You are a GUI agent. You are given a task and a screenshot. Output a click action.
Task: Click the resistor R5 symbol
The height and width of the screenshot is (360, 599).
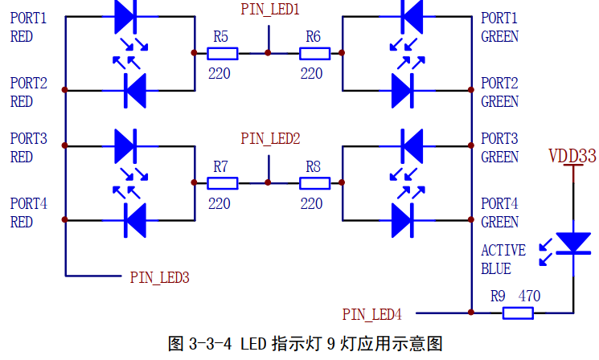pyautogui.click(x=222, y=54)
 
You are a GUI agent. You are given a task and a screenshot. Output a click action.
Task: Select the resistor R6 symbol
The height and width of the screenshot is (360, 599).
pyautogui.click(x=314, y=54)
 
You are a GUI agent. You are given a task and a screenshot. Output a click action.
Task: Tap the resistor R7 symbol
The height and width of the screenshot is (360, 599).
pyautogui.click(x=222, y=182)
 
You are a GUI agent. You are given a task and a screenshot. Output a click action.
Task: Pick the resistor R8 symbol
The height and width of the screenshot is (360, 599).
pyautogui.click(x=314, y=182)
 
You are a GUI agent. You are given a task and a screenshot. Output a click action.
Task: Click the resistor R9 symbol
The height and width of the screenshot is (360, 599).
pyautogui.click(x=518, y=312)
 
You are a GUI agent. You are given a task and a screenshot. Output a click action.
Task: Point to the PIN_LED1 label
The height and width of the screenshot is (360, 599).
pyautogui.click(x=270, y=10)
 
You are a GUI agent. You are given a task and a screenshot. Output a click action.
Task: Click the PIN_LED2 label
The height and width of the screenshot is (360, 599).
pyautogui.click(x=270, y=139)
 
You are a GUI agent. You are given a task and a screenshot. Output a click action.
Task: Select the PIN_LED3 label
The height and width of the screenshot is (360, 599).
pyautogui.click(x=159, y=277)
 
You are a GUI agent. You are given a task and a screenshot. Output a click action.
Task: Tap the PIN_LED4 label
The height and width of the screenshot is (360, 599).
pyautogui.click(x=371, y=313)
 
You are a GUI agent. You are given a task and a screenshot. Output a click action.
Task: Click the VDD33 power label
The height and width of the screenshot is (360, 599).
pyautogui.click(x=572, y=155)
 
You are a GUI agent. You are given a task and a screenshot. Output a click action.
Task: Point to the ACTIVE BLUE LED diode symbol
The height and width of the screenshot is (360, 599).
pyautogui.click(x=573, y=243)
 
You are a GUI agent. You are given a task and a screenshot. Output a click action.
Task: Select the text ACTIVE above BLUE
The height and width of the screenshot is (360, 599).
pyautogui.click(x=503, y=251)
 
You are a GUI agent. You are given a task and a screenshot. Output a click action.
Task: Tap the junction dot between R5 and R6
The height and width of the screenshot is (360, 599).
pyautogui.click(x=269, y=54)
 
